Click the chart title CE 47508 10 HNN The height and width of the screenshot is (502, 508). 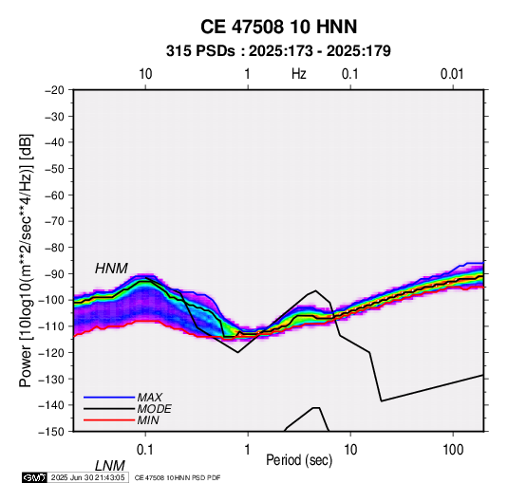pos(278,27)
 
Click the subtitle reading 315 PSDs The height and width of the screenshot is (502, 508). pos(200,51)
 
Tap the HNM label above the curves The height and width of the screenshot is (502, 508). pos(111,269)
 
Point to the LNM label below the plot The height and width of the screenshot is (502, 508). pos(109,466)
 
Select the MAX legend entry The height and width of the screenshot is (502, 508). pos(149,397)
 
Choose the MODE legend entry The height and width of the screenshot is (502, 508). pos(154,409)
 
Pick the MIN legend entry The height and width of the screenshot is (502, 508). pos(148,420)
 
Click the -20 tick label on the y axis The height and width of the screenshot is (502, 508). pos(54,90)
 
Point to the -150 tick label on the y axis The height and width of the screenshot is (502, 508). pos(51,432)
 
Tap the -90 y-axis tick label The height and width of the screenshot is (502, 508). pos(54,273)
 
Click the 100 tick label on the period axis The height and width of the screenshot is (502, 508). pos(453,450)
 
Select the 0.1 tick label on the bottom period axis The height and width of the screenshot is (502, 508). pos(145,450)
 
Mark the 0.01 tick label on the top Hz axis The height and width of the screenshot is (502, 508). pos(452,74)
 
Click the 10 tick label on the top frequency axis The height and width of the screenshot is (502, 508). pos(145,74)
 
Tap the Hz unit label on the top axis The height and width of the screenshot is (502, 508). pos(299,74)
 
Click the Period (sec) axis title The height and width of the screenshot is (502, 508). pos(299,460)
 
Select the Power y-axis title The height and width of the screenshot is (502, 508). pos(26,260)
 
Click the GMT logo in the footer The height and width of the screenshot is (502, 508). pos(35,477)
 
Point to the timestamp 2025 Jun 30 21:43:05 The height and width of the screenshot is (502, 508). pos(87,477)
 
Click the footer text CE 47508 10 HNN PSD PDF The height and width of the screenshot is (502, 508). pos(178,477)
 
